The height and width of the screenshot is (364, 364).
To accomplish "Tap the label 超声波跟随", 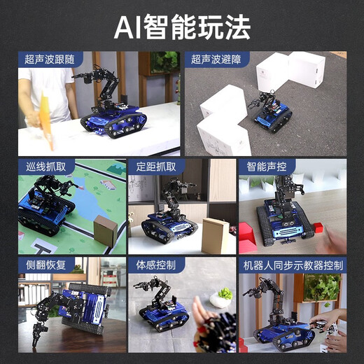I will pyautogui.click(x=49, y=59).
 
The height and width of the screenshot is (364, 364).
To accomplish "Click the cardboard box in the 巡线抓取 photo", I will pyautogui.click(x=106, y=230).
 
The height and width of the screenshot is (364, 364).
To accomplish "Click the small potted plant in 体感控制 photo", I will pyautogui.click(x=223, y=297).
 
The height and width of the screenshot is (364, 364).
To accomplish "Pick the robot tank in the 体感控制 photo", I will pyautogui.click(x=164, y=315).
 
